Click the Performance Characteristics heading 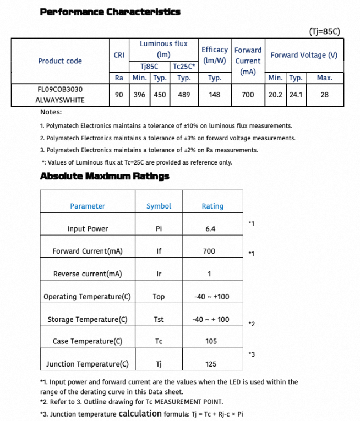tap(110, 12)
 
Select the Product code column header tap(60, 61)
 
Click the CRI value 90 tap(119, 95)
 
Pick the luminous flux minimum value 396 tap(139, 95)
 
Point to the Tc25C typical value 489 tap(184, 95)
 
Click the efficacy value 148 tap(215, 95)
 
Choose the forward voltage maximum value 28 tap(324, 95)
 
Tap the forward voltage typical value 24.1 tap(296, 95)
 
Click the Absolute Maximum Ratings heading tap(105, 176)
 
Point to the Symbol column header tap(159, 206)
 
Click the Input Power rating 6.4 tap(210, 228)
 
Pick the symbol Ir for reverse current tap(159, 274)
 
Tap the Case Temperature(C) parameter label tap(88, 341)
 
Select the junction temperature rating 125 tap(210, 364)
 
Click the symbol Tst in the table tap(159, 319)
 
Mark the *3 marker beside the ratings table tap(252, 354)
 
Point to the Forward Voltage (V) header tap(304, 55)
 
